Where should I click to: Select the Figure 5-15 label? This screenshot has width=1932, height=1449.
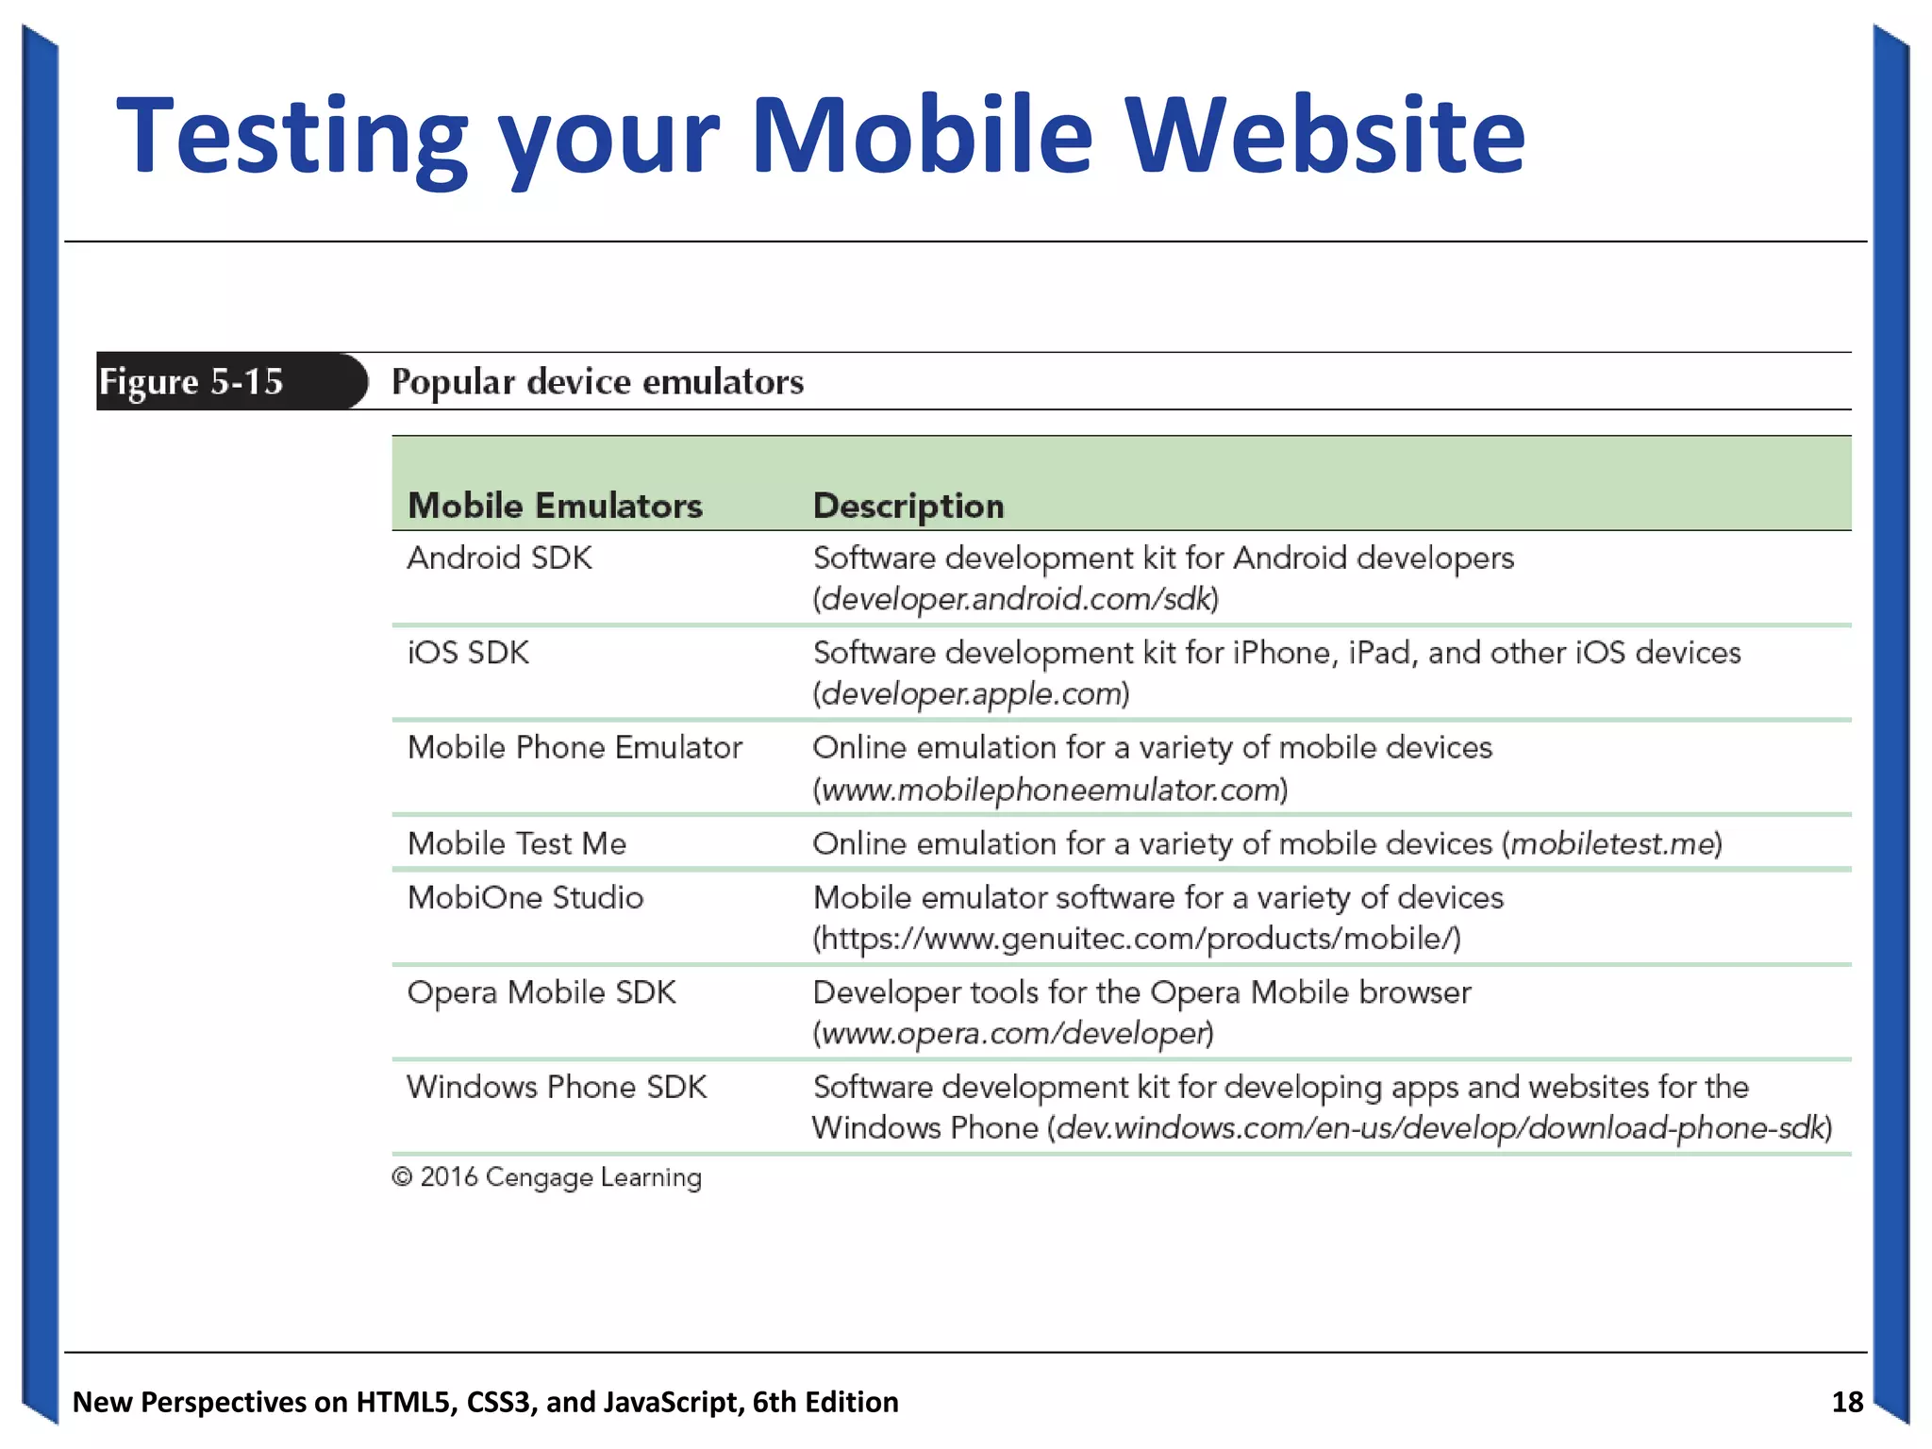(192, 382)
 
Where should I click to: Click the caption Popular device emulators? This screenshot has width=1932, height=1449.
(597, 382)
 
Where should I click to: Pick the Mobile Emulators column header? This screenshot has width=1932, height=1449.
(555, 506)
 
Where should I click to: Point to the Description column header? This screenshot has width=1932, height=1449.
(908, 506)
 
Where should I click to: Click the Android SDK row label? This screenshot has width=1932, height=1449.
(499, 558)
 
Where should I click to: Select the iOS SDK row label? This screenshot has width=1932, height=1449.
(468, 653)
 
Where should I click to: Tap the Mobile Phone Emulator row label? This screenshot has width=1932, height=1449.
(575, 748)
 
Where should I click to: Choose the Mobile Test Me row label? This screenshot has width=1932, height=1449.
(517, 843)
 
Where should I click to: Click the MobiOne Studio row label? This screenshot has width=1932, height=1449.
(525, 897)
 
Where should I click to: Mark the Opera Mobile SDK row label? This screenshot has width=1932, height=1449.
(541, 992)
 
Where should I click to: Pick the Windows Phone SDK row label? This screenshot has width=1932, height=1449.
(557, 1088)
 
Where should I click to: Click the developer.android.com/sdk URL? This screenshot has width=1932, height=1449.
(1016, 599)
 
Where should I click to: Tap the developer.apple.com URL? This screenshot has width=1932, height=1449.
(971, 694)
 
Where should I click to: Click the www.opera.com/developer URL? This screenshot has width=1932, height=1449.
(1013, 1034)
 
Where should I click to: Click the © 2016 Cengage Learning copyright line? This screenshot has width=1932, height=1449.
(547, 1177)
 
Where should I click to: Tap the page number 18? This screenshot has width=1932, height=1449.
(1847, 1402)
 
